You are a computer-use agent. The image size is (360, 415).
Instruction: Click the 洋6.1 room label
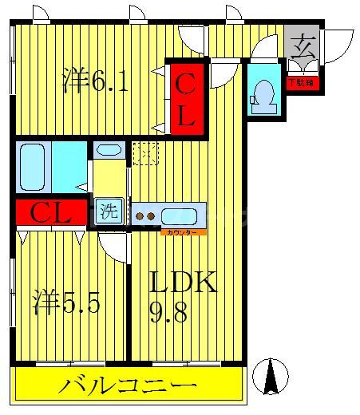click(x=95, y=80)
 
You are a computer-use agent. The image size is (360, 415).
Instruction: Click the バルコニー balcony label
click(x=128, y=387)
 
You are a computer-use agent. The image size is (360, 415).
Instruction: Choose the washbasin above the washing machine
click(x=108, y=149)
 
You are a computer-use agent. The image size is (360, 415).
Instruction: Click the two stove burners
click(x=144, y=215)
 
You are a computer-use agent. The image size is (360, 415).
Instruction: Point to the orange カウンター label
click(x=183, y=231)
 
